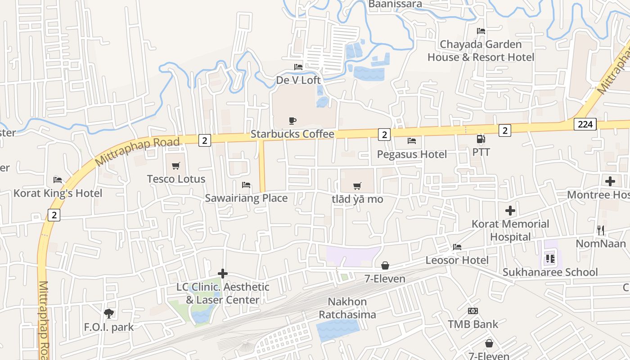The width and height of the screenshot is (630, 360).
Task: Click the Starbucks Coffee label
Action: (x=292, y=134)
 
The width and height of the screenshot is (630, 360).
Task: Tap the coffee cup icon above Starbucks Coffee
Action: (x=292, y=121)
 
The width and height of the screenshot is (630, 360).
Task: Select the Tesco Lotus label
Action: (x=176, y=179)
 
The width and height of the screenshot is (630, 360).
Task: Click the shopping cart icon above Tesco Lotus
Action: (x=176, y=166)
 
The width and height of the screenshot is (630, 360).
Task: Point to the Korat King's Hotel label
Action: (x=58, y=193)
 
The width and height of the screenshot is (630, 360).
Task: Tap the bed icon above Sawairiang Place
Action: (x=246, y=185)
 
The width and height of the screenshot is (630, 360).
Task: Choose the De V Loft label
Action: (x=298, y=80)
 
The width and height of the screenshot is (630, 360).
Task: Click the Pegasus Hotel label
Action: (x=412, y=154)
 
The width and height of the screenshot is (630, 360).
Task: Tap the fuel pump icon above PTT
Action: (x=481, y=139)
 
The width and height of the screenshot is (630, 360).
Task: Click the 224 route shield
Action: (x=585, y=124)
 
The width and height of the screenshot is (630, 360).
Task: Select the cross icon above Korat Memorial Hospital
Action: (x=510, y=211)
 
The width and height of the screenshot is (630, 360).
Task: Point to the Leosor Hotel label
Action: (x=457, y=260)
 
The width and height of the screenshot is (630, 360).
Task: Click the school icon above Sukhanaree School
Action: (x=550, y=259)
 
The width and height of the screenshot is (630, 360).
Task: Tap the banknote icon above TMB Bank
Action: (x=473, y=311)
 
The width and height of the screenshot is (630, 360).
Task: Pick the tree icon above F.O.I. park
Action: (x=108, y=314)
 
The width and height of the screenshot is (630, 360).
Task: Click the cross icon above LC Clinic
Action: (x=222, y=274)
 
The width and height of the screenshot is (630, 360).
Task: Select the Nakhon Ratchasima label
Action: (x=347, y=308)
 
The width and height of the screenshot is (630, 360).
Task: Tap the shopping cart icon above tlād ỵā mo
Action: (x=357, y=186)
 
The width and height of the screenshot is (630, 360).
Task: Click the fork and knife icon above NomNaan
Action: (x=601, y=230)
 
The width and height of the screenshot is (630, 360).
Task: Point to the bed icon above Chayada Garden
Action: (x=481, y=31)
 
